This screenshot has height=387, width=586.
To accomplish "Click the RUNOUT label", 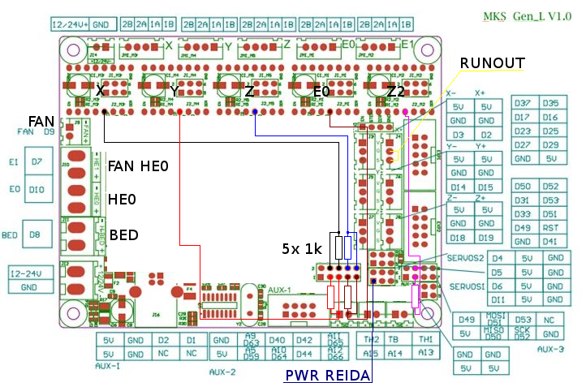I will tap(492, 63).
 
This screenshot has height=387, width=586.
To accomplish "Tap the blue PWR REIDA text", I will tap(326, 376).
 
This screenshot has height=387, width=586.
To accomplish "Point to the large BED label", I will tap(124, 235).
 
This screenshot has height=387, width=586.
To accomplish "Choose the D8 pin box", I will tap(34, 235).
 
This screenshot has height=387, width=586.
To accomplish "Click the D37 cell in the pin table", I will tap(522, 103).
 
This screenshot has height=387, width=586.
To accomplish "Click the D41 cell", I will tap(549, 241).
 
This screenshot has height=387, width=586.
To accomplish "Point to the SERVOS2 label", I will tap(466, 257).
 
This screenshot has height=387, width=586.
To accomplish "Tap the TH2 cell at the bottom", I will tap(372, 340).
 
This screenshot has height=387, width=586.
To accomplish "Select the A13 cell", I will tap(425, 353).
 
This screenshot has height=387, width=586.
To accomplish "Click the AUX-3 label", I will tap(550, 349).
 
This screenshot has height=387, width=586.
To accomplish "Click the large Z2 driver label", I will tap(396, 91).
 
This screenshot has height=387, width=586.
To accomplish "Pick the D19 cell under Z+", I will tap(485, 238).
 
